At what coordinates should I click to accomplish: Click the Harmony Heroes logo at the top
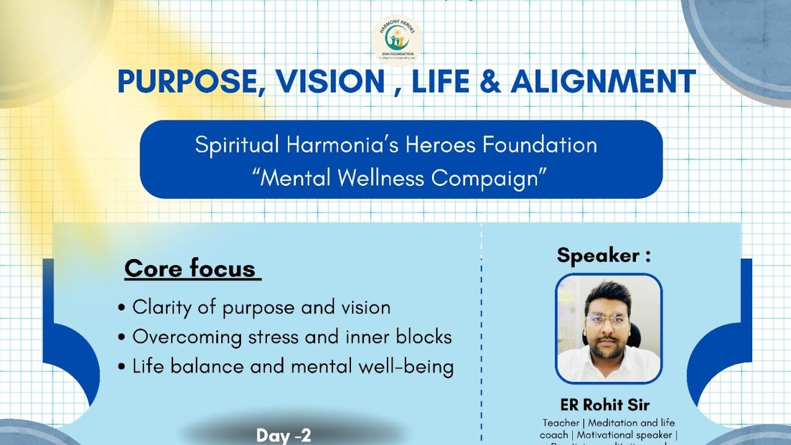(398, 39)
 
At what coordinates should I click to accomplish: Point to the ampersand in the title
(489, 82)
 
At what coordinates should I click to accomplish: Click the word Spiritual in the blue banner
(237, 145)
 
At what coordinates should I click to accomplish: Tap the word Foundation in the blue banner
(540, 145)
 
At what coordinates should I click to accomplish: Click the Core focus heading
(190, 269)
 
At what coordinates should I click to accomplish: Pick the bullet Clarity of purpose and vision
(261, 307)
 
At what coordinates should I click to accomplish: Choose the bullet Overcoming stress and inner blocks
(292, 337)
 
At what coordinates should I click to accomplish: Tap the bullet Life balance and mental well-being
(293, 367)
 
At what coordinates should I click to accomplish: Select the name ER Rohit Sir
(605, 405)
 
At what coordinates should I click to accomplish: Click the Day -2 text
(284, 435)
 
